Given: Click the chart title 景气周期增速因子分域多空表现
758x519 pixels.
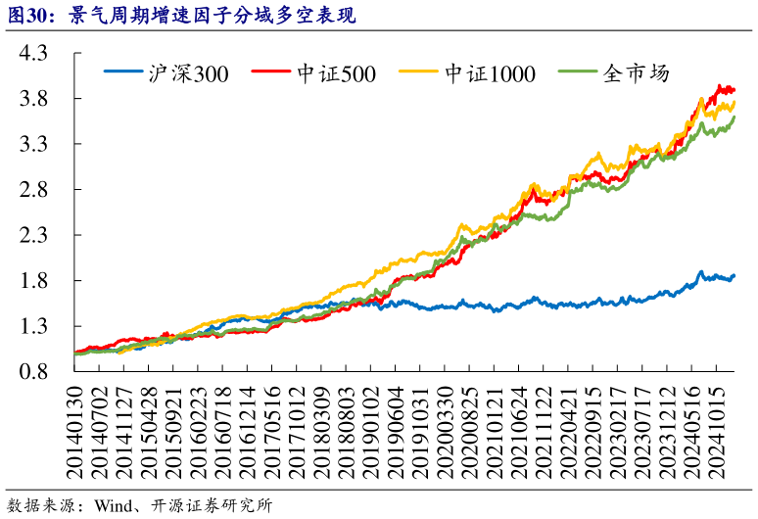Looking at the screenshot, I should coord(211,17).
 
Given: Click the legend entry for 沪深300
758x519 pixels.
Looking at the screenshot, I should coord(166,72).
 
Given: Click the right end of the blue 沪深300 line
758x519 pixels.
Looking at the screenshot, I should coord(734,276).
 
